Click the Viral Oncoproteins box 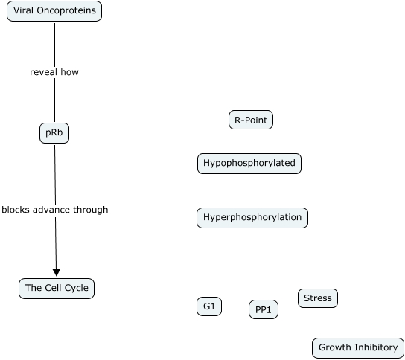click(x=54, y=11)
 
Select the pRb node click(x=54, y=133)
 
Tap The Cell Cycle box click(x=57, y=289)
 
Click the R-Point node click(x=251, y=120)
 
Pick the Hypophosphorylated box click(x=249, y=164)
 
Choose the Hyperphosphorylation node click(x=252, y=218)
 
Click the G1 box click(x=209, y=306)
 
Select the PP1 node click(x=264, y=309)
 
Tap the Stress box click(x=318, y=298)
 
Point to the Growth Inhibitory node click(x=358, y=348)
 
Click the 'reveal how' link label click(x=54, y=72)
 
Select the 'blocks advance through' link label click(x=55, y=210)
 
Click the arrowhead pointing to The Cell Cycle click(x=57, y=272)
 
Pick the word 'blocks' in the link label click(x=16, y=210)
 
